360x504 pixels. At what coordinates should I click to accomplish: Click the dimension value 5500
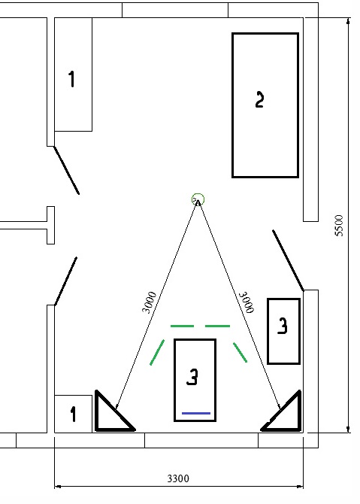tap(339, 226)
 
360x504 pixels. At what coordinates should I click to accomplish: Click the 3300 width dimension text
tap(178, 478)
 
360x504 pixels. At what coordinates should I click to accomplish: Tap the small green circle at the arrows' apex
tap(198, 199)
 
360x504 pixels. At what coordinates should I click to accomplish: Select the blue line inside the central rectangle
tap(196, 413)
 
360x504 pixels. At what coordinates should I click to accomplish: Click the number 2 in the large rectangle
tap(259, 99)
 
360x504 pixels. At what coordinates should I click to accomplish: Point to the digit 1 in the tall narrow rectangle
tap(72, 79)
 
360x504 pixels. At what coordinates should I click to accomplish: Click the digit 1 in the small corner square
tap(73, 414)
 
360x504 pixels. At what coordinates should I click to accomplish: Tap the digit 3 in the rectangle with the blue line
tap(192, 377)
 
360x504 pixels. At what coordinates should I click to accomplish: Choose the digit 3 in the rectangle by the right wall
tap(283, 326)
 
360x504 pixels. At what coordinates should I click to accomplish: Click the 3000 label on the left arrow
tap(149, 302)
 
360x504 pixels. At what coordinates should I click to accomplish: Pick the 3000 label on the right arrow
tap(247, 302)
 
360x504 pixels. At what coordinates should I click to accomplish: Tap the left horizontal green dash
tap(182, 326)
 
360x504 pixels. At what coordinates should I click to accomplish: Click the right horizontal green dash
tap(217, 326)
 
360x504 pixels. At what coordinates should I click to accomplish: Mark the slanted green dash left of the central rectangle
tap(157, 352)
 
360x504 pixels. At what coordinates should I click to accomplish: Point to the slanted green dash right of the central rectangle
tap(241, 352)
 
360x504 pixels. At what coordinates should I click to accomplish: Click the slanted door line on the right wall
tap(288, 260)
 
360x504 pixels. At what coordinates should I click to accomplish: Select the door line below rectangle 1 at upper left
tap(66, 170)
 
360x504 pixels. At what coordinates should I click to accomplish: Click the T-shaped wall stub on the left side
tap(51, 225)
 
